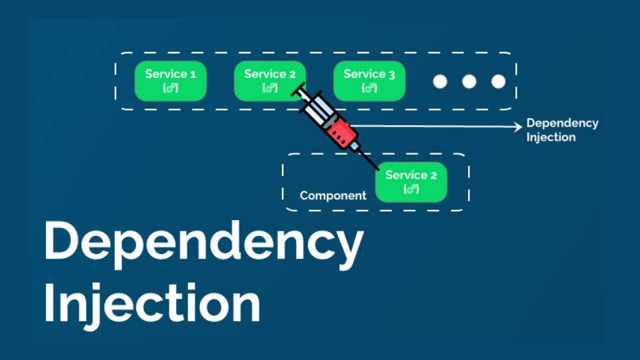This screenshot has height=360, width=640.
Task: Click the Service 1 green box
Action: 171,81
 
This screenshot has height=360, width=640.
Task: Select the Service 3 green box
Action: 369,81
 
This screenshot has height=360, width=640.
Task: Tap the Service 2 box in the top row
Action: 269,81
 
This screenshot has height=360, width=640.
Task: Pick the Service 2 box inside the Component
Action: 411,181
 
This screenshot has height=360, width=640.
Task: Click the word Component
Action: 333,195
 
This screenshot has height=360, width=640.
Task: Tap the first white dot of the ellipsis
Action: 439,81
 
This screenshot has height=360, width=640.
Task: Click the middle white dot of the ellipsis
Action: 469,81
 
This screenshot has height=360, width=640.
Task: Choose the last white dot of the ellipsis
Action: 498,81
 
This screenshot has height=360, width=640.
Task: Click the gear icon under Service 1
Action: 171,88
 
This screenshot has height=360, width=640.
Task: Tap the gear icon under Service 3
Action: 369,88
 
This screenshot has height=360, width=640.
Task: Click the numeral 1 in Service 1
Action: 193,74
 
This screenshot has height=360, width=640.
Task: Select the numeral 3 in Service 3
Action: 391,74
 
